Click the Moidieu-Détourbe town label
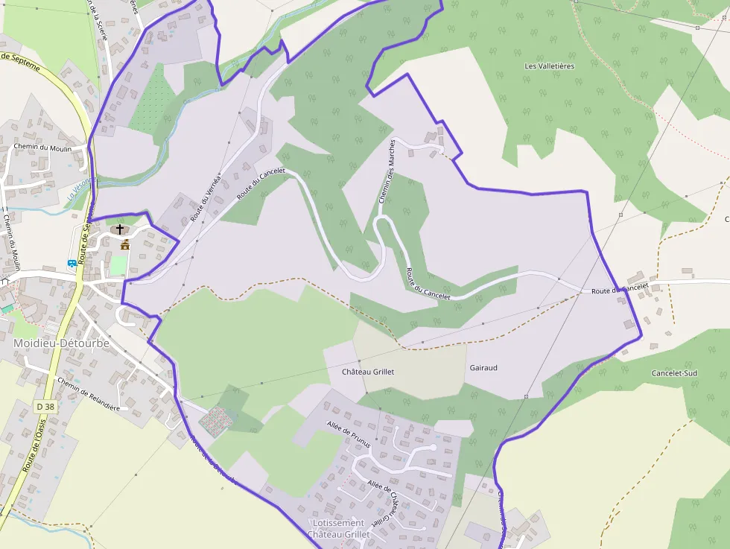click(x=62, y=343)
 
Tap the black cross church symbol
click(x=120, y=229)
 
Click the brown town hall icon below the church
click(x=124, y=245)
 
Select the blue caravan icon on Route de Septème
click(x=72, y=263)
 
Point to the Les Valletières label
click(x=550, y=66)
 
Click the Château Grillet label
click(x=367, y=371)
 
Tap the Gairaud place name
click(x=483, y=367)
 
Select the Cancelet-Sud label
click(x=674, y=372)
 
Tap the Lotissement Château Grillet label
click(x=339, y=529)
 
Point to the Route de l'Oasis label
click(x=34, y=445)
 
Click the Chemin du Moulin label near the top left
click(x=42, y=147)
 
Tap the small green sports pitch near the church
click(x=118, y=265)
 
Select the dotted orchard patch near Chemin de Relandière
click(x=215, y=421)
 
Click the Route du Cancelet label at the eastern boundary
click(x=620, y=288)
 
